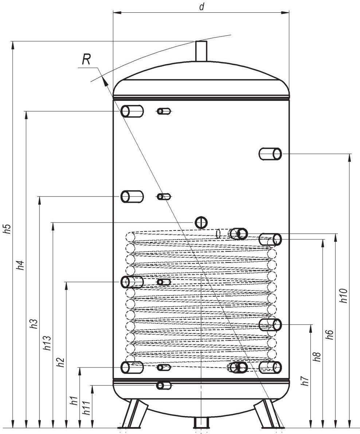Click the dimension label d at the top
click(201, 7)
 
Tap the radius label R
click(86, 59)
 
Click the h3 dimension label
click(34, 324)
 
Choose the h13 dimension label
click(47, 343)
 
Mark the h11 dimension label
click(87, 408)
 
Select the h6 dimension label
click(329, 334)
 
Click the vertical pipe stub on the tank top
click(201, 51)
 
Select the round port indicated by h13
click(201, 222)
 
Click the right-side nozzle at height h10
click(270, 154)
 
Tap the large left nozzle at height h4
click(132, 111)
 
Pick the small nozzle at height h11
click(164, 385)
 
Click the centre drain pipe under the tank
click(201, 422)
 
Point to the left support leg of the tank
click(135, 413)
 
